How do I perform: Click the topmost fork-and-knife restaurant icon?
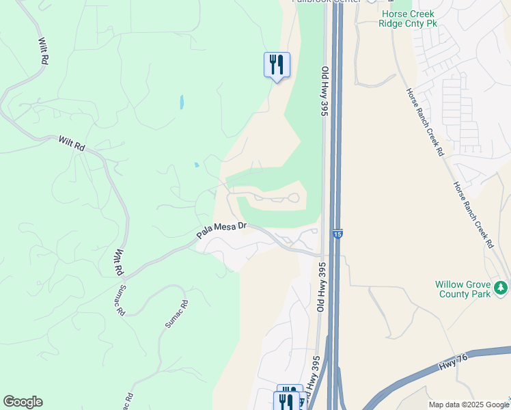pyautogui.click(x=277, y=65)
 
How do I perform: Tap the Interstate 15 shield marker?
pyautogui.click(x=338, y=234)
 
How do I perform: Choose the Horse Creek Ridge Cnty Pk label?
pyautogui.click(x=407, y=18)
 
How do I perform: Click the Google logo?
pyautogui.click(x=23, y=402)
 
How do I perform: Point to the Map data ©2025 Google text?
pyautogui.click(x=468, y=405)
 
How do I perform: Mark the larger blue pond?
pyautogui.click(x=181, y=102)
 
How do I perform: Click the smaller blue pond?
pyautogui.click(x=196, y=165)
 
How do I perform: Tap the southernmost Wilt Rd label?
pyautogui.click(x=118, y=262)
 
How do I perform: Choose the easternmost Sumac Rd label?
pyautogui.click(x=175, y=314)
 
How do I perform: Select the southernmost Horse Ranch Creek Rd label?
pyautogui.click(x=473, y=213)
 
